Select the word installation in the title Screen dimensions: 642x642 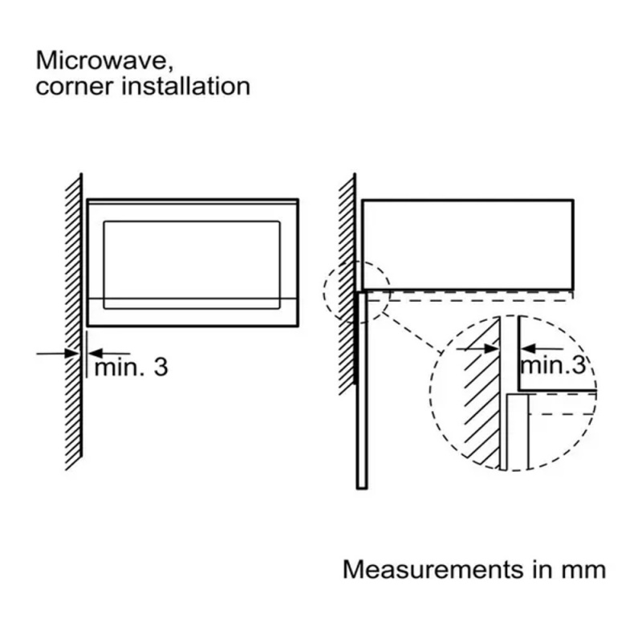pyautogui.click(x=185, y=86)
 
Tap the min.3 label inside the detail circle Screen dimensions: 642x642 pyautogui.click(x=553, y=365)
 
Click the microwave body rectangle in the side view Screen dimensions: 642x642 pyautogui.click(x=468, y=244)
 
